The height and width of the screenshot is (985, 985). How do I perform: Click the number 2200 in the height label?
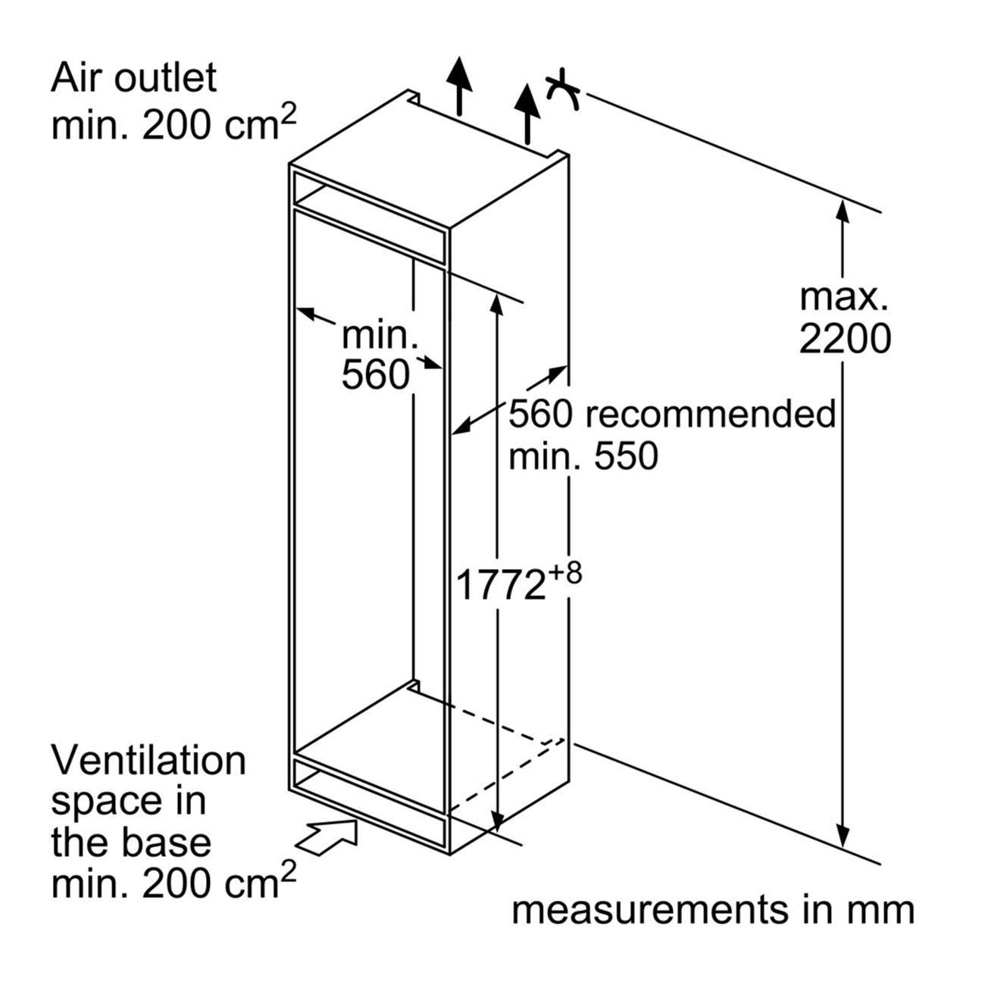point(845,340)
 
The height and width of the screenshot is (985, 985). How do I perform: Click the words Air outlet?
point(133,78)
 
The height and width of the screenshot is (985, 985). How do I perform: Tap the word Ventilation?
point(149,761)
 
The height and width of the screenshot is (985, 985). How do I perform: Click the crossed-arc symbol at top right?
point(561,91)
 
